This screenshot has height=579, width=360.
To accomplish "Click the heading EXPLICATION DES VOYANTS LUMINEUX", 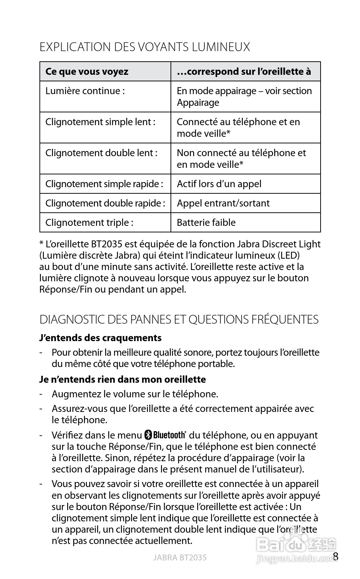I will click(145, 47).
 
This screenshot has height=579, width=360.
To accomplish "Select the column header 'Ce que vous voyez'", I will click(87, 72).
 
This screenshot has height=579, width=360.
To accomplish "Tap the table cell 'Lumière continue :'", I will click(85, 91).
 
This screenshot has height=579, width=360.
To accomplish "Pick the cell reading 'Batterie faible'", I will click(206, 223).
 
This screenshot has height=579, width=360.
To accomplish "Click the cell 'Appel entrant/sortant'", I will click(223, 203).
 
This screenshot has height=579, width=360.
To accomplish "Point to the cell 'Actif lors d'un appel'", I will click(219, 184).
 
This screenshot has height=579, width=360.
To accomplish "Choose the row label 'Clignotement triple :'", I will click(89, 223).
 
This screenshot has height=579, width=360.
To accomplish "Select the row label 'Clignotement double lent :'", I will click(101, 153).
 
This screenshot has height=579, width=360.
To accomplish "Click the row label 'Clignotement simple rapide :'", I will click(104, 184).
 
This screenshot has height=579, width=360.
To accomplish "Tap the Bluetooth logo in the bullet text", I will click(165, 435).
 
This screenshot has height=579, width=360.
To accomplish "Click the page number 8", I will click(336, 557).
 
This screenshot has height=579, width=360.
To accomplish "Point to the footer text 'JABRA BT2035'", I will click(180, 557).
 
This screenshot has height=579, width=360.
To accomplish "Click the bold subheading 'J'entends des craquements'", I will click(100, 338).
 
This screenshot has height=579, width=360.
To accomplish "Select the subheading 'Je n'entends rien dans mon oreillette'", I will click(122, 379).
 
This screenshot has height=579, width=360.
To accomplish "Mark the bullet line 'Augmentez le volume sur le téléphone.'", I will click(135, 394).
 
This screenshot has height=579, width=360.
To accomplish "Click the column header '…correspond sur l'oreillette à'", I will click(244, 72).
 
